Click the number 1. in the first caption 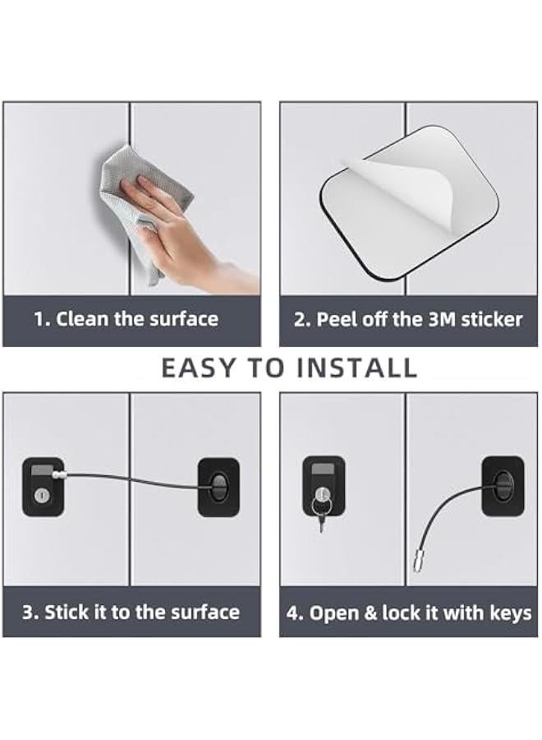(42, 319)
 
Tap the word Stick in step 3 (69, 613)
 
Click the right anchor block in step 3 (218, 488)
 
